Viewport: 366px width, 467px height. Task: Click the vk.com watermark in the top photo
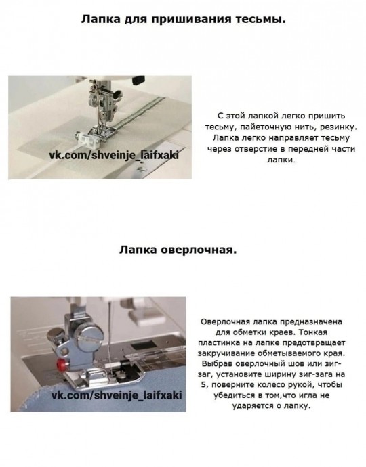tap(114, 155)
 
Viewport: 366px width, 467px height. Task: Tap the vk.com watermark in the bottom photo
tap(117, 395)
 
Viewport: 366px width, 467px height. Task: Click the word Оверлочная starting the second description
tap(225, 321)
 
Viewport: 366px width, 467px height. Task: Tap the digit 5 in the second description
tap(203, 385)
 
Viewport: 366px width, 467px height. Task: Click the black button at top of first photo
tap(139, 79)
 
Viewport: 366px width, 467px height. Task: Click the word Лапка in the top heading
tap(100, 20)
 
